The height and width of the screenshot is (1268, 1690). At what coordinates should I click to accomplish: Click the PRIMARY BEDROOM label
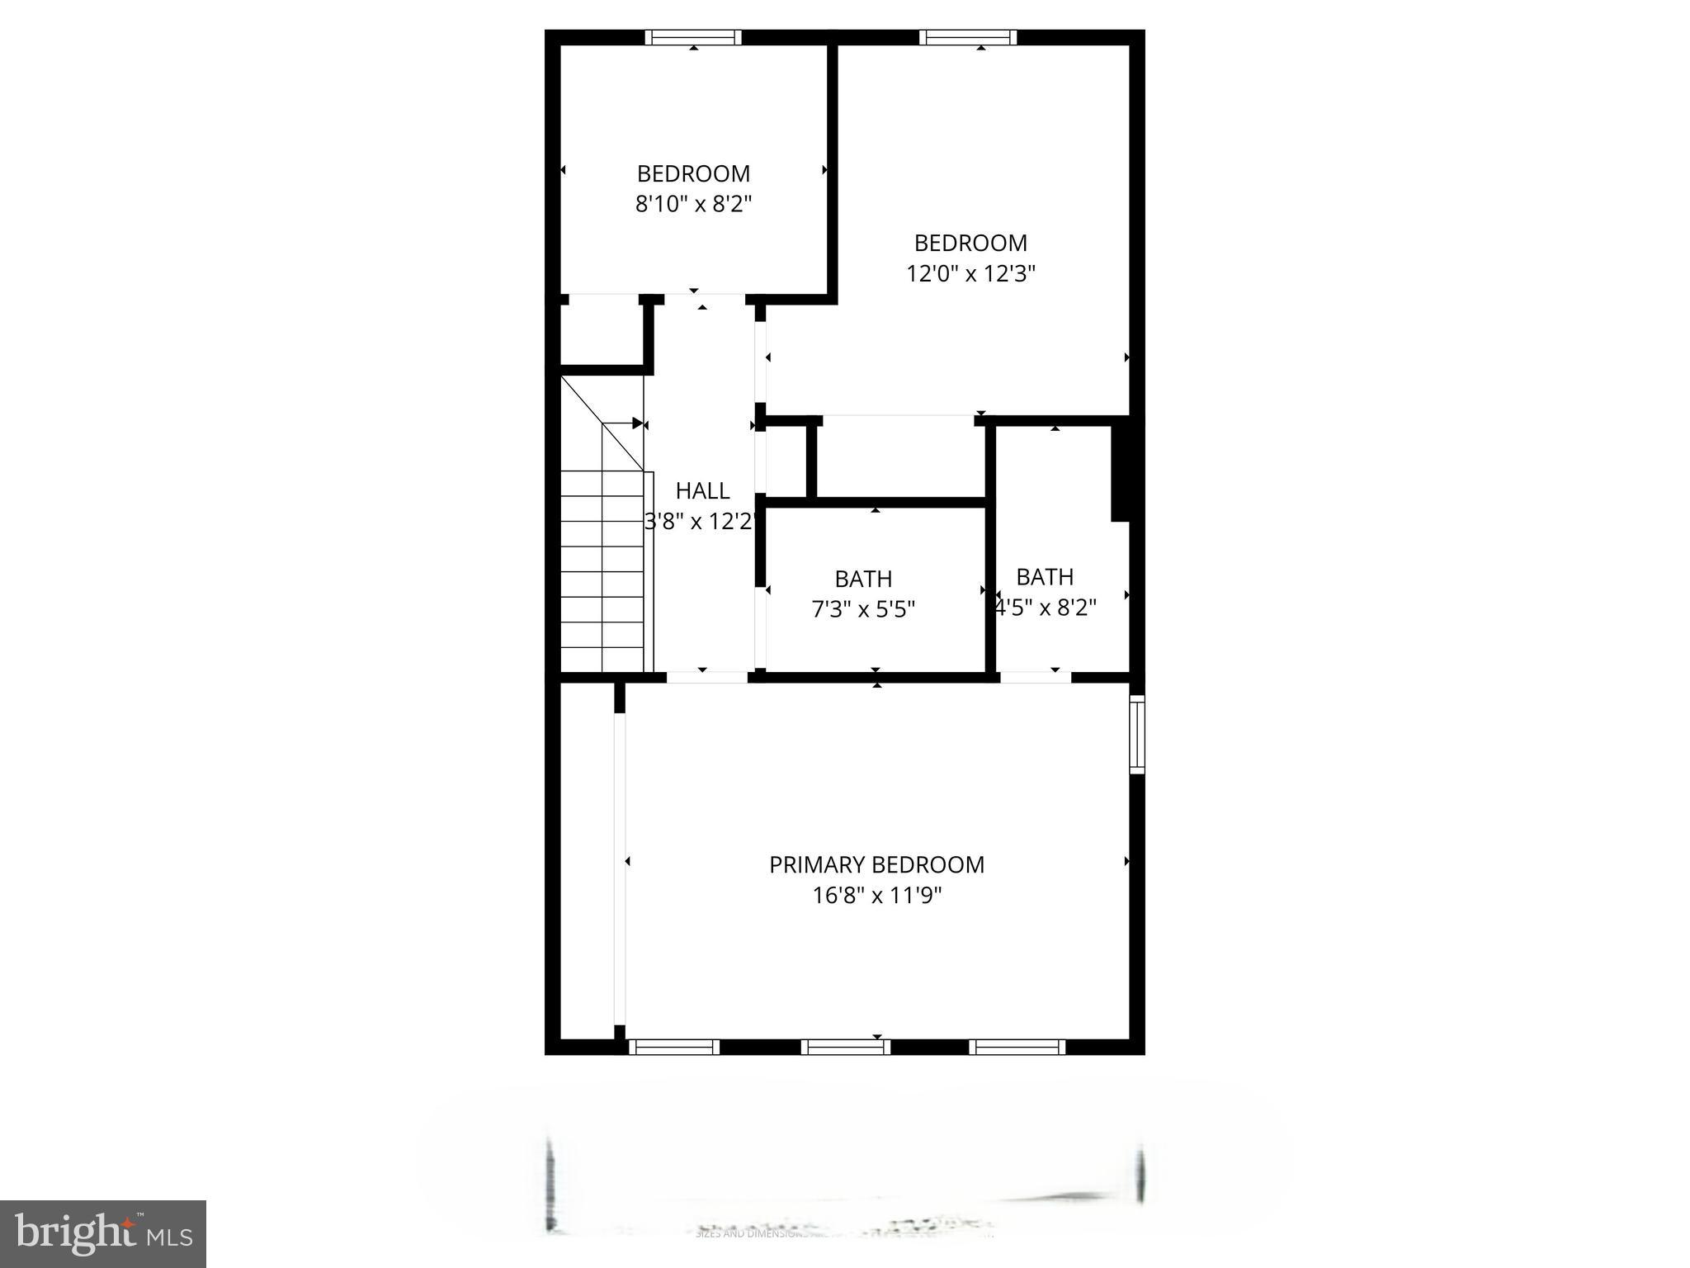(876, 864)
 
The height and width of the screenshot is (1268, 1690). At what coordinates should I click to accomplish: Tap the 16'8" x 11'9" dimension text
(876, 895)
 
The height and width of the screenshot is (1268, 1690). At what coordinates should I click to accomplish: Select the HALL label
(702, 490)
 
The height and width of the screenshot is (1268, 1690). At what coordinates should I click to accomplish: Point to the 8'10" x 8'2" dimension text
(693, 203)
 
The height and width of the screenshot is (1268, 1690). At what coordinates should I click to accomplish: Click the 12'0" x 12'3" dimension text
(970, 272)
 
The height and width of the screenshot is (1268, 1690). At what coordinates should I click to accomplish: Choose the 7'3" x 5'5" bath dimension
(863, 609)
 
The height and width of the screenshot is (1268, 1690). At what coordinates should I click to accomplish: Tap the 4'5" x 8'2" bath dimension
(1046, 608)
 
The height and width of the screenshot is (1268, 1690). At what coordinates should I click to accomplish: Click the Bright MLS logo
(103, 1233)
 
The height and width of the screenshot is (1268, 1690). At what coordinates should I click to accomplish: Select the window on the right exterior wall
(1137, 734)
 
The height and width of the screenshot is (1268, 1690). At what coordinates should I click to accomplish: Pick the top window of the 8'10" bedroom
(693, 37)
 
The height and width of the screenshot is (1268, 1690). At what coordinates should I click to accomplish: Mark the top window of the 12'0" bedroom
(968, 37)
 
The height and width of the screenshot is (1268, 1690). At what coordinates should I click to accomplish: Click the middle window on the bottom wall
(846, 1047)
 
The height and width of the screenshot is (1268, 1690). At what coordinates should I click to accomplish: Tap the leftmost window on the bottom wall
(674, 1047)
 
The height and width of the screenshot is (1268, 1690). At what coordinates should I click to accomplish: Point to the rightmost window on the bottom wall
(1017, 1047)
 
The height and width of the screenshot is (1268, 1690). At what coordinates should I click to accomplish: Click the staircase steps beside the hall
(602, 570)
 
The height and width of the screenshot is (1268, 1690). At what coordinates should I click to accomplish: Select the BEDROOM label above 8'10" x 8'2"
(693, 173)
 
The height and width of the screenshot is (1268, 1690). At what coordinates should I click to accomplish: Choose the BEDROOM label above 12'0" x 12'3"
(970, 243)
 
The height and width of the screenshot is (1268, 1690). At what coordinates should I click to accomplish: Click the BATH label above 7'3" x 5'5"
(863, 579)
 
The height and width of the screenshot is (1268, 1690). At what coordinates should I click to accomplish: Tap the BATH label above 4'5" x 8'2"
(1045, 576)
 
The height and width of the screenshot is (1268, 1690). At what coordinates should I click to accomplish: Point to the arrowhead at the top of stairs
(638, 423)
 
